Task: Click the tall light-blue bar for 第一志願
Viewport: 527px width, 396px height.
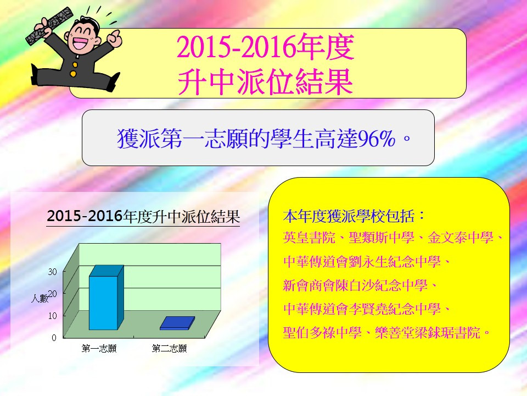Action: coord(106,298)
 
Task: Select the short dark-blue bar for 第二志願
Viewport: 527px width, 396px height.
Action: coord(177,323)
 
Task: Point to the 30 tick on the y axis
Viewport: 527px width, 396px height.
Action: coord(53,272)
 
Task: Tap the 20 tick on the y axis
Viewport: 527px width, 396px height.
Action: coord(53,294)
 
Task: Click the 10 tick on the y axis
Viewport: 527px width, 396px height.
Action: coord(53,316)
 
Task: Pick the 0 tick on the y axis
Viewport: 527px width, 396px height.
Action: coord(54,338)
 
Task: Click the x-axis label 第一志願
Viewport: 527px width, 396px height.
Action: coord(99,348)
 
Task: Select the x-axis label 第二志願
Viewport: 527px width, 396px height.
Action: coord(170,348)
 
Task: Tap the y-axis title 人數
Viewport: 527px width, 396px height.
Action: coord(40,298)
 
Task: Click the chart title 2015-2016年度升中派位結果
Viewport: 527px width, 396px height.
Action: coord(143,216)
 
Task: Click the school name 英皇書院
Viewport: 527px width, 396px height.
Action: coord(309,238)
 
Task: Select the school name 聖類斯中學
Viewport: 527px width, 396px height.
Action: coord(382,238)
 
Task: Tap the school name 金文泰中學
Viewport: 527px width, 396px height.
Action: coord(461,238)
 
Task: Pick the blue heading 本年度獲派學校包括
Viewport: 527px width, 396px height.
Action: coord(349,216)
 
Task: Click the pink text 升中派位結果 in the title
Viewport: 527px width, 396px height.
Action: coord(265,82)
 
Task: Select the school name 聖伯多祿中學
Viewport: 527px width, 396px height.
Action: coord(322,333)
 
